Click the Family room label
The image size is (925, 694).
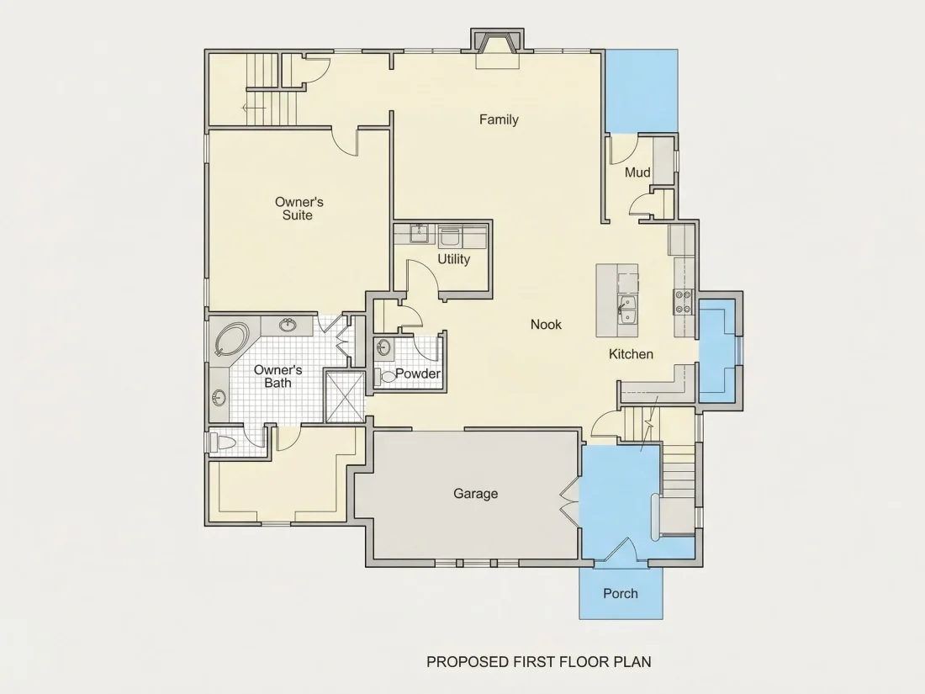[499, 119]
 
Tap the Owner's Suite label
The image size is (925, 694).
[299, 209]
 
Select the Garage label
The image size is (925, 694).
[475, 493]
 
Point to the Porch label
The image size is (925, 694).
[621, 594]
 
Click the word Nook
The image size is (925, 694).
[546, 324]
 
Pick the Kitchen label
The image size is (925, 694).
[631, 354]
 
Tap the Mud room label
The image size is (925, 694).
[637, 172]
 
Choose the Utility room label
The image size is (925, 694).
[453, 259]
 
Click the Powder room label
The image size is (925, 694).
[418, 373]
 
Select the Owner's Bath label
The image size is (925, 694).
[277, 377]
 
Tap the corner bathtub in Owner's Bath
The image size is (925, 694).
[232, 339]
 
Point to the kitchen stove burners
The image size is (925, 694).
[683, 301]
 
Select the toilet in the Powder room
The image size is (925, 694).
[387, 377]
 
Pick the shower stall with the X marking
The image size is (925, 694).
[345, 396]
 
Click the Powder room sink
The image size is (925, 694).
[383, 347]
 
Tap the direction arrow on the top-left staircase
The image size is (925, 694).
[254, 108]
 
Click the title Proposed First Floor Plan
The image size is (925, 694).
[538, 661]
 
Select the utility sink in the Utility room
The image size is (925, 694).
[420, 234]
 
